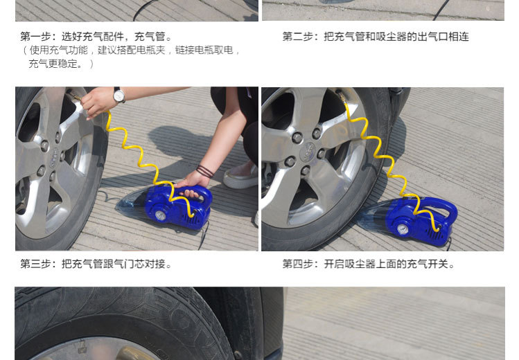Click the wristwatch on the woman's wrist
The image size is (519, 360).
pyautogui.click(x=118, y=96)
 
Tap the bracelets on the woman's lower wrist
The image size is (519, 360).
pyautogui.click(x=205, y=171)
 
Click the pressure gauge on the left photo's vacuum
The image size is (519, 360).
pyautogui.click(x=161, y=215)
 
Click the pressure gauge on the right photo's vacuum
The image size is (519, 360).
pyautogui.click(x=403, y=229)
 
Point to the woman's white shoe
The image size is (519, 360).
pyautogui.click(x=240, y=176)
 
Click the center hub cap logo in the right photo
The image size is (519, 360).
pyautogui.click(x=308, y=152)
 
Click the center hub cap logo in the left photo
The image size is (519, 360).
pyautogui.click(x=54, y=158)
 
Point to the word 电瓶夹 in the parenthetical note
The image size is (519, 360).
pyautogui.click(x=150, y=51)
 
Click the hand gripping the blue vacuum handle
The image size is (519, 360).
pyautogui.click(x=191, y=186)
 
